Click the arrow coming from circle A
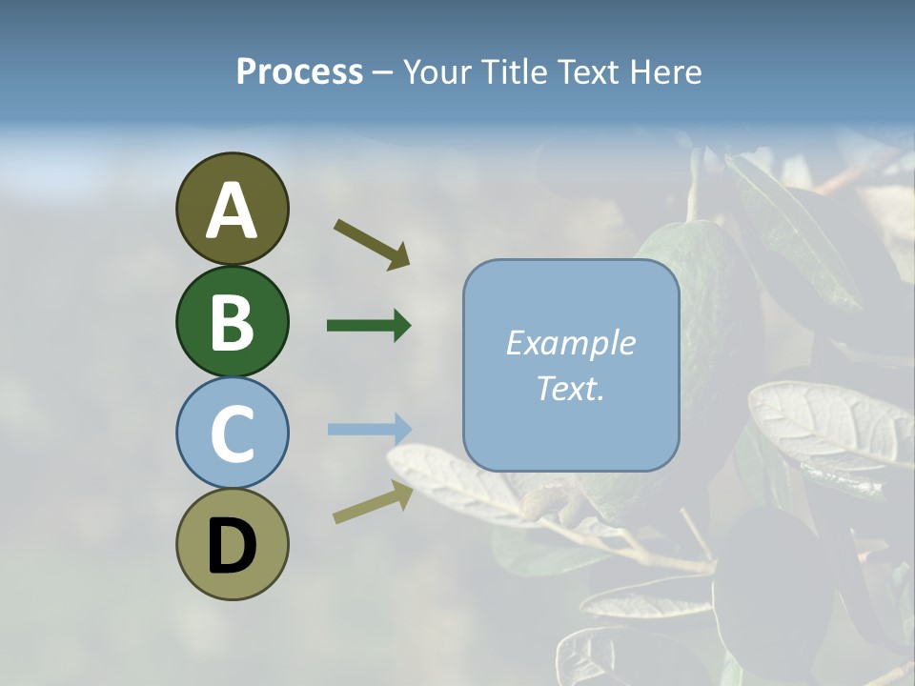click(371, 243)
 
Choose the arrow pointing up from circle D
click(373, 502)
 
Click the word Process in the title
click(299, 72)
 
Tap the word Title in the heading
click(513, 72)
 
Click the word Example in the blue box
click(570, 343)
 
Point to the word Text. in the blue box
click(570, 389)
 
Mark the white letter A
click(232, 211)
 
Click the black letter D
click(232, 547)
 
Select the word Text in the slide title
click(586, 72)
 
